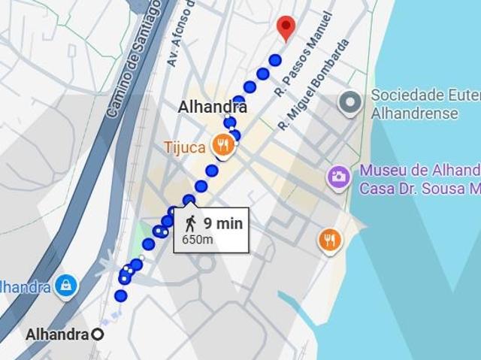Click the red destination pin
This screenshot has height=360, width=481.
tap(285, 27)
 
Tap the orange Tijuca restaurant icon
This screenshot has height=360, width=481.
tap(222, 144)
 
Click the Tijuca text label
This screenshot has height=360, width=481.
tap(184, 147)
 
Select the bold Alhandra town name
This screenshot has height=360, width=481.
tap(213, 107)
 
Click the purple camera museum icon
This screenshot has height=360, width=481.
tap(339, 178)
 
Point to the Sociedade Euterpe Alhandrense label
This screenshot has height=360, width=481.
tap(425, 105)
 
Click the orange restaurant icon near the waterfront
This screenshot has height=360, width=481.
tap(330, 241)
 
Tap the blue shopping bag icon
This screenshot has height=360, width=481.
tap(66, 286)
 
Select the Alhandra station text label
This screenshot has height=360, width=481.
tap(57, 334)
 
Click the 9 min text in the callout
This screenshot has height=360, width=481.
tap(222, 223)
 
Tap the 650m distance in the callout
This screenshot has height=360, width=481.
tap(198, 240)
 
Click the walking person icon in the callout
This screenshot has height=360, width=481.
tap(190, 223)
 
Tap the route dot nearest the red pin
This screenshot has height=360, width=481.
tap(275, 60)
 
